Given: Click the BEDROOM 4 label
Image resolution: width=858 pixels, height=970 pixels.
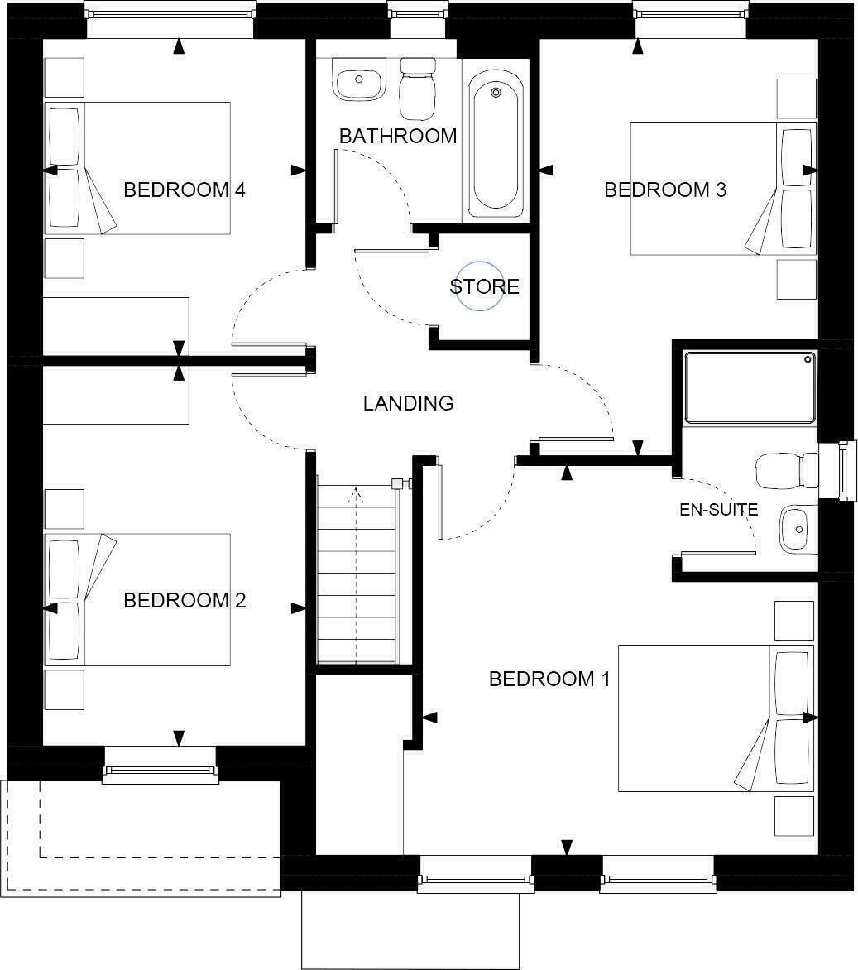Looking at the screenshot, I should [x=185, y=190].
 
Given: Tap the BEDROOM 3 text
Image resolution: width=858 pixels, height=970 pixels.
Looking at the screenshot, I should [x=665, y=190].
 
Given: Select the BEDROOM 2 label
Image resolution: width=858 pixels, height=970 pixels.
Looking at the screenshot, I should [x=185, y=600].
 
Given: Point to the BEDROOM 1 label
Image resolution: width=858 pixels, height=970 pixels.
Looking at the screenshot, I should [x=549, y=679].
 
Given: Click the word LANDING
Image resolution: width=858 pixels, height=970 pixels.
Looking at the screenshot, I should [x=408, y=404].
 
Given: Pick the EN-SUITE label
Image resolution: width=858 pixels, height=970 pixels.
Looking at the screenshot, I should [x=718, y=510].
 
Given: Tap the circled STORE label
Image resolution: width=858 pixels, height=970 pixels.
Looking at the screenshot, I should [x=483, y=287].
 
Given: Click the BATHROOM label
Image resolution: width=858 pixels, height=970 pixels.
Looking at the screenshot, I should [x=397, y=136].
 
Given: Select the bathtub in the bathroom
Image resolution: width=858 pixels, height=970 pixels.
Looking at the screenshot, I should [x=496, y=141].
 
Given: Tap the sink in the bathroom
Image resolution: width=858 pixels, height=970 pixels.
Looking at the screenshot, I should [x=358, y=84].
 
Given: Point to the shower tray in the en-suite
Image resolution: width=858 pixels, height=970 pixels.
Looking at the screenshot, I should [x=750, y=387].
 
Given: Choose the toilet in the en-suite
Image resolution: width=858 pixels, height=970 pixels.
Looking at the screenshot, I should [x=786, y=470].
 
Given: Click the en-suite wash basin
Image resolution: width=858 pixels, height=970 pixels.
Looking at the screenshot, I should [x=795, y=528].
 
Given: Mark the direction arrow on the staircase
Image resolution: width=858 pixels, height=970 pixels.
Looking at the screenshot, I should [x=357, y=497].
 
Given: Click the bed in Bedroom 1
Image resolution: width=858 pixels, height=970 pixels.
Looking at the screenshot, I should [x=717, y=718].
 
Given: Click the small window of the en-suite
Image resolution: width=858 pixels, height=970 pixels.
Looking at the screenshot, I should [x=844, y=470].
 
